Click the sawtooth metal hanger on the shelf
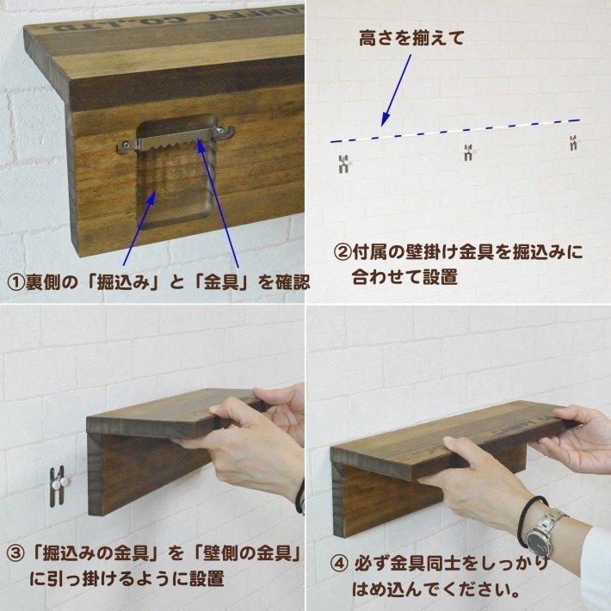(177, 138)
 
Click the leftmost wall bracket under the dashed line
(343, 162)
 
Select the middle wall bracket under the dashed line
(468, 153)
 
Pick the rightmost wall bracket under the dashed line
(572, 144)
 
